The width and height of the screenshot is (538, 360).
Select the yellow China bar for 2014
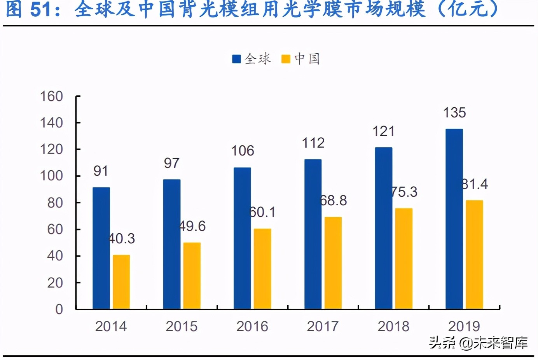(x=121, y=282)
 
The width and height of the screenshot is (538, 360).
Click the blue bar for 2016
(x=242, y=238)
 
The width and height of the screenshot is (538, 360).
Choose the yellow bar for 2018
(x=403, y=259)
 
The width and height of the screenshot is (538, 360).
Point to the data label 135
(x=454, y=113)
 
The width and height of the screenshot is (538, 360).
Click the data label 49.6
(x=192, y=226)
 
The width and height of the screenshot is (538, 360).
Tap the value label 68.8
(x=333, y=201)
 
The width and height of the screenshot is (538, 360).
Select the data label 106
(x=243, y=151)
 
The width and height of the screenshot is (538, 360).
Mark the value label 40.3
(x=122, y=239)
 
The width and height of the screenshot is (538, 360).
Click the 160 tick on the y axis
(x=51, y=96)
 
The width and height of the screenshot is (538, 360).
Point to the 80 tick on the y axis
(x=55, y=203)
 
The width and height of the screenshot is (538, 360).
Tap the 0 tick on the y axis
(x=59, y=309)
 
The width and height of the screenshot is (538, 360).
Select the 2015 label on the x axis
(x=182, y=326)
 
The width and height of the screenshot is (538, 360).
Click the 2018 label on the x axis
(x=393, y=326)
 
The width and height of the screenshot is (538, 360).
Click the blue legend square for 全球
(x=236, y=59)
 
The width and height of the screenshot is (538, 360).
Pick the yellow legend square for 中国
(x=286, y=59)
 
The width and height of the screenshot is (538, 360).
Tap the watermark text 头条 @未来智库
(x=478, y=343)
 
